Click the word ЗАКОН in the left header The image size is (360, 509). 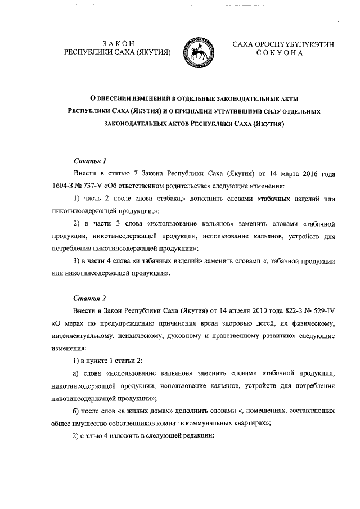click(119, 43)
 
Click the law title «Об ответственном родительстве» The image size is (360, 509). click(149, 185)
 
